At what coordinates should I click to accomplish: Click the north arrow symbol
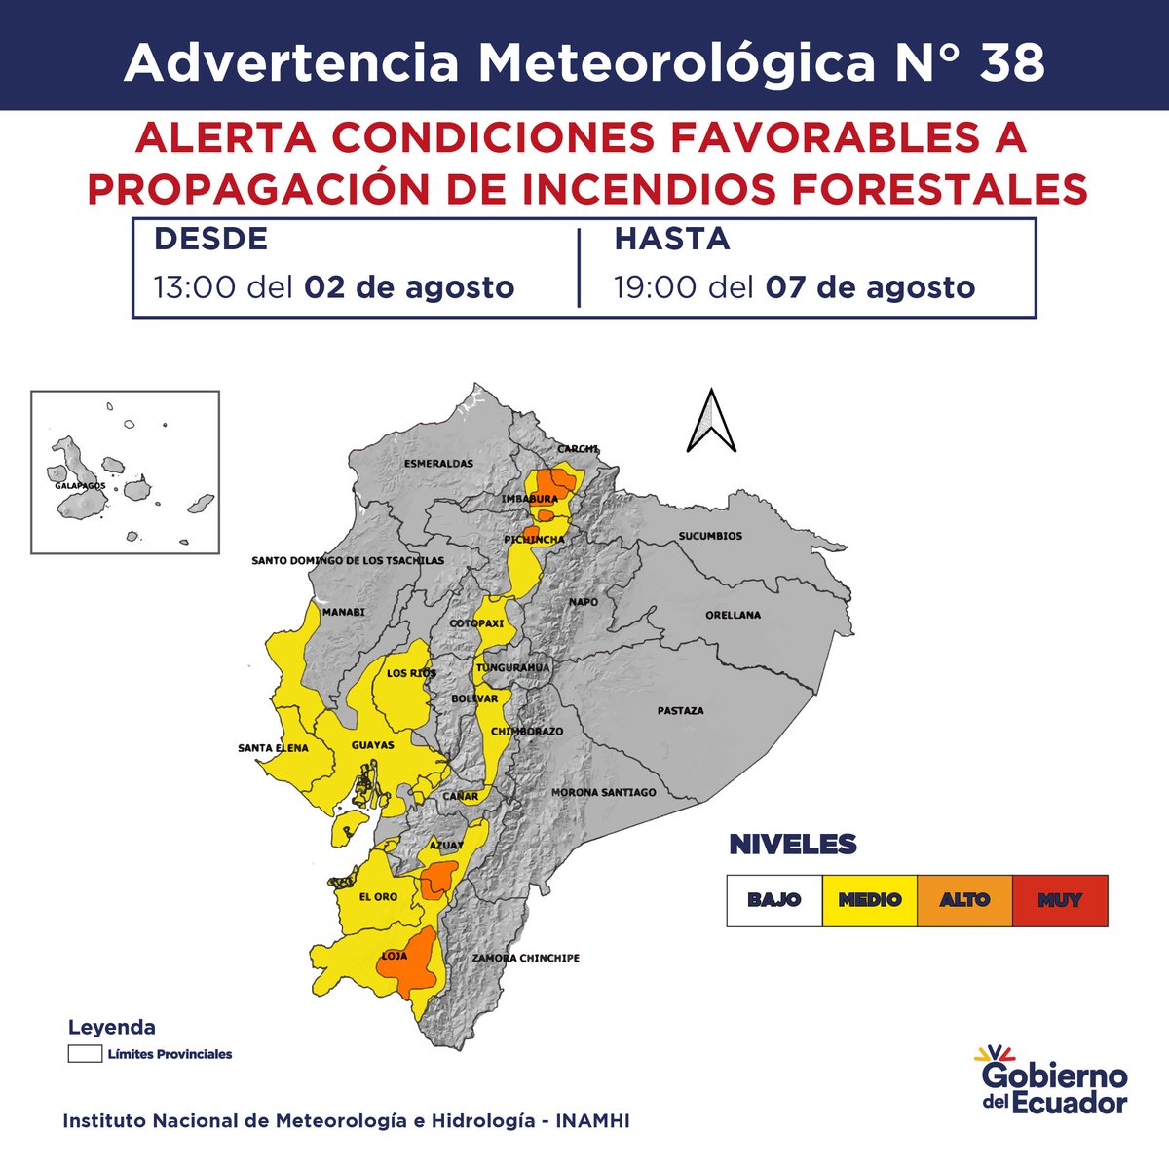coord(710,421)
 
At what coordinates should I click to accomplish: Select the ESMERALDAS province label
coord(438,464)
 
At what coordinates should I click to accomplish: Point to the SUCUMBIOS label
coord(710,536)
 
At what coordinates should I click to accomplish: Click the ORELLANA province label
coord(734,616)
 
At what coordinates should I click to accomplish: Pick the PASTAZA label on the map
coord(680,711)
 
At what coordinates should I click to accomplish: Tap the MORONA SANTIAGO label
coord(604,793)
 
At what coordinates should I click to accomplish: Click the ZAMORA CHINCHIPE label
coord(526,959)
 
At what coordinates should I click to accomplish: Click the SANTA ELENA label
coord(273,748)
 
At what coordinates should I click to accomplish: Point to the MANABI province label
coord(343,612)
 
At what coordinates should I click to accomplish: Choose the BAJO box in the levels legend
coord(773,900)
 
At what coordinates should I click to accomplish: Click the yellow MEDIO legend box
coord(869,900)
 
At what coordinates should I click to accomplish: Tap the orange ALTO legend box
coord(964,900)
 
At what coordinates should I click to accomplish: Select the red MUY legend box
coord(1060,900)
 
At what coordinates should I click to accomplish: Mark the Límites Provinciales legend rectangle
coord(85,1054)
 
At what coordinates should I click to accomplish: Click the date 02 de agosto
coord(409,288)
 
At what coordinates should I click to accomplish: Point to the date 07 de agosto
coord(870,288)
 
